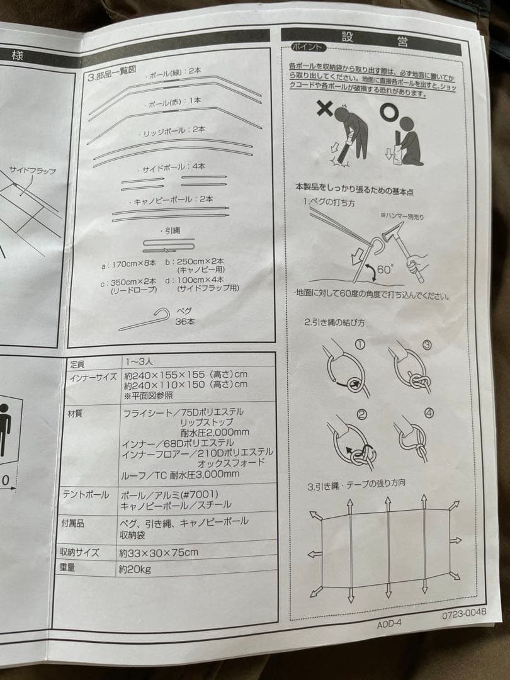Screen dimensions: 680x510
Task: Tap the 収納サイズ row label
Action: click(80, 552)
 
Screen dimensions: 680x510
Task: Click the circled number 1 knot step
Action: click(360, 344)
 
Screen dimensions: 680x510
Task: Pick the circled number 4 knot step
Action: click(429, 413)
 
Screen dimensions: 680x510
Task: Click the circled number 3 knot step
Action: click(426, 345)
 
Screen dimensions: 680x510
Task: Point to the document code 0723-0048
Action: click(464, 615)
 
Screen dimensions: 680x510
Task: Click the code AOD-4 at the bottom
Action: click(389, 623)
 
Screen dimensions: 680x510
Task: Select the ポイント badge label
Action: click(309, 47)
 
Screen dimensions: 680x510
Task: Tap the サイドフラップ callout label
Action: click(32, 171)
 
